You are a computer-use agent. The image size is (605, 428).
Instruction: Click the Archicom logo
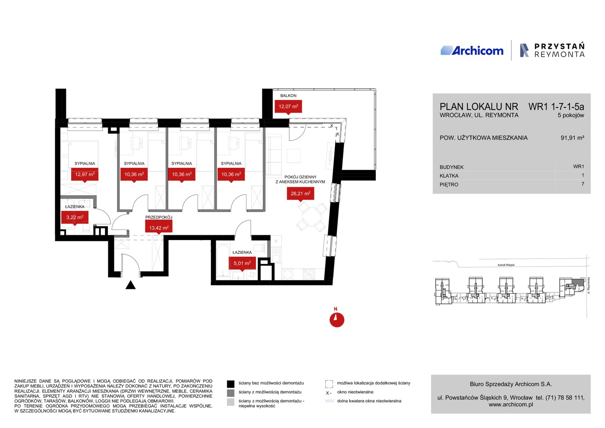coord(472,51)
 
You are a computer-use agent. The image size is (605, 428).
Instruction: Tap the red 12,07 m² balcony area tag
coord(288,107)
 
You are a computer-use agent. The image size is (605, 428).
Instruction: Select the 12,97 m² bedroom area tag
coord(85,174)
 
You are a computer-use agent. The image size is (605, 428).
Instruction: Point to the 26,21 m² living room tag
coord(300,194)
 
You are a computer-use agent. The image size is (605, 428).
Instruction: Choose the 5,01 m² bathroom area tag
coord(242,263)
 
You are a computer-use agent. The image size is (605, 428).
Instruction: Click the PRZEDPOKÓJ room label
coord(159,217)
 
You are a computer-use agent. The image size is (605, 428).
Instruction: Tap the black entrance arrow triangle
coord(130,285)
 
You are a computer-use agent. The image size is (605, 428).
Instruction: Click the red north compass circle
coord(337,320)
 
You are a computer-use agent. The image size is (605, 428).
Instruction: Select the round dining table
coord(312,217)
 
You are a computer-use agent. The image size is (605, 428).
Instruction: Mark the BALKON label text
coord(288,96)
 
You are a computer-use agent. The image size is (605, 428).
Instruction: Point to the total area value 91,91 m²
coord(572,138)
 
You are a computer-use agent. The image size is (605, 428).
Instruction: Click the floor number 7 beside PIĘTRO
coord(583,184)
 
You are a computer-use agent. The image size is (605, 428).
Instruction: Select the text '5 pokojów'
coord(571,115)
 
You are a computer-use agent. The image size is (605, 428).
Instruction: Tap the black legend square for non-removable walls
coord(230,384)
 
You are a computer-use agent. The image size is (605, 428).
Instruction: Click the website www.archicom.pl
coord(511,405)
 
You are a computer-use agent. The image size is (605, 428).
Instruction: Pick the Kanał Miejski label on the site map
coord(506,265)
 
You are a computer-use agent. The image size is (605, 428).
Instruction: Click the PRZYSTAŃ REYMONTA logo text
coord(560,51)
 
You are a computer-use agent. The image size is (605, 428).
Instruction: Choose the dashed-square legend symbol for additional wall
coord(329,384)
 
